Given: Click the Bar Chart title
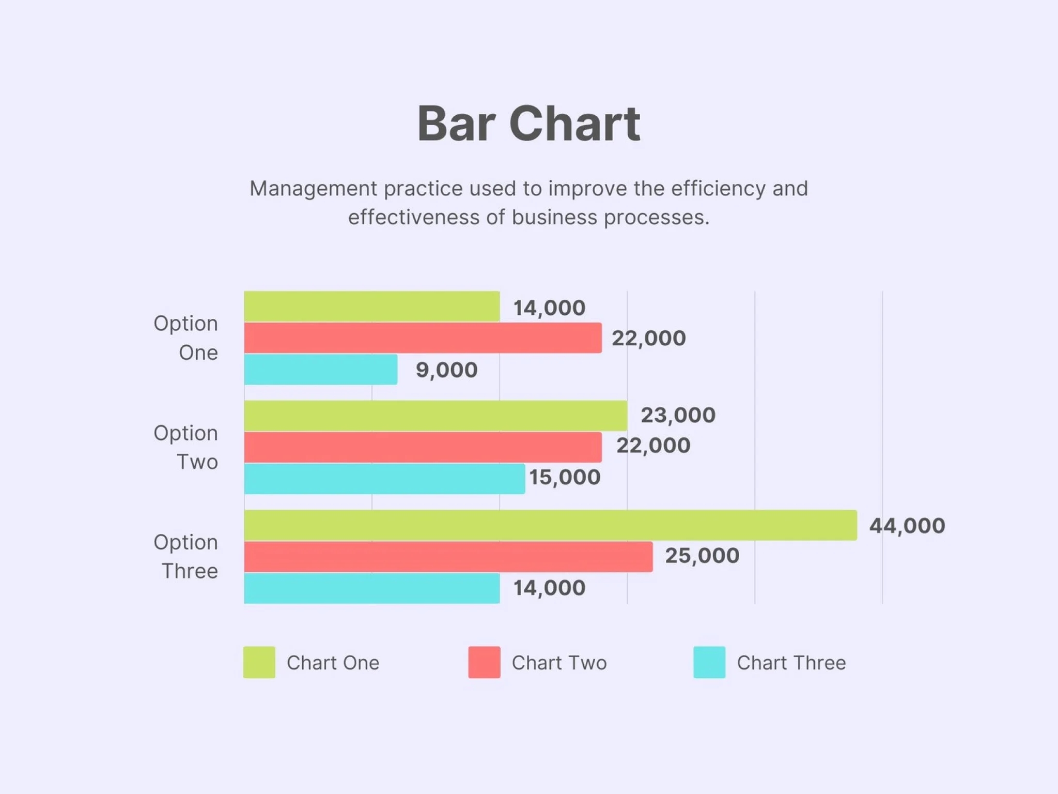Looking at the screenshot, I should coord(528,124).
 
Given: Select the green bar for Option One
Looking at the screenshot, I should coord(372,306).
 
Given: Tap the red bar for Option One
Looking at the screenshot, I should coord(423,338).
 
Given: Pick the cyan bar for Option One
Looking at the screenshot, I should coord(320,369).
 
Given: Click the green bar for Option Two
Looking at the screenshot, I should coord(435,416).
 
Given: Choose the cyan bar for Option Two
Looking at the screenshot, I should coord(384,479).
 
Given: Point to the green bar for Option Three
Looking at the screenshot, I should coord(550,525).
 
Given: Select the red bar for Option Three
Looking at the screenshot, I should coord(448,557).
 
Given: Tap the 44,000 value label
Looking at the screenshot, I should coord(907,526).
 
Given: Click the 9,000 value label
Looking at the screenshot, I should coord(447,370).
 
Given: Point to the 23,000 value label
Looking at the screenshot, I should coord(678,415).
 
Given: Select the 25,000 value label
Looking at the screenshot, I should coord(702,556).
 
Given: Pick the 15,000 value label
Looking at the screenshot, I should coord(565,477).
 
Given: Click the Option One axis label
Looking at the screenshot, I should coord(186,338).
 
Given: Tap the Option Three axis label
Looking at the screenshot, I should coord(186,556).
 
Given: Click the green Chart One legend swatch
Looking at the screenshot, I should coord(259,662).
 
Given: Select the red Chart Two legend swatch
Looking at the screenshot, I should coord(484,662).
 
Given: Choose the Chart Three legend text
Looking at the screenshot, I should coord(791,663).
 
